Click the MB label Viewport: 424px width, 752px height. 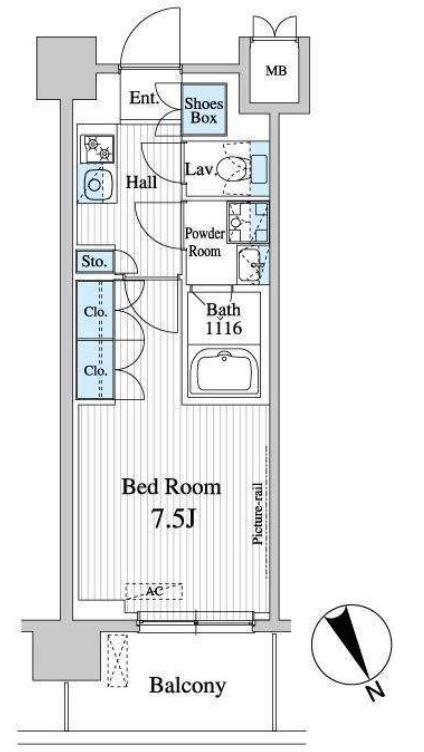[x=276, y=71]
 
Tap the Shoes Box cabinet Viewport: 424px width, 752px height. [x=204, y=110]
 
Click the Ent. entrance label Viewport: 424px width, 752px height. [x=144, y=98]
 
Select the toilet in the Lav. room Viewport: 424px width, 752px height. [x=233, y=169]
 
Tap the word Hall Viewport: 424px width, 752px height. [x=141, y=182]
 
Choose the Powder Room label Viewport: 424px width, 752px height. [x=204, y=243]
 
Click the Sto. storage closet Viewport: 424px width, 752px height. [x=95, y=262]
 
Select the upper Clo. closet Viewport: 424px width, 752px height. [x=95, y=310]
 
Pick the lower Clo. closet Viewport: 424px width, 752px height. [x=95, y=369]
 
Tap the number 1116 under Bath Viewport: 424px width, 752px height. [x=224, y=329]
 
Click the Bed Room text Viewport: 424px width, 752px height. [x=171, y=487]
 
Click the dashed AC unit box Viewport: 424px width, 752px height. [x=154, y=591]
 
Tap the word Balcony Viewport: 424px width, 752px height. [x=188, y=685]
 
